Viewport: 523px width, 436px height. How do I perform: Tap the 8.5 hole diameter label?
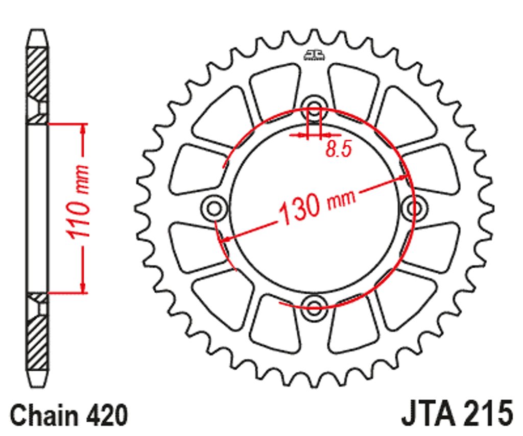pos(339,148)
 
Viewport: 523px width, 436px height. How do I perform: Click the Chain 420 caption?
pos(69,415)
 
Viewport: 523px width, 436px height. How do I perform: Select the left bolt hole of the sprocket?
pos(214,209)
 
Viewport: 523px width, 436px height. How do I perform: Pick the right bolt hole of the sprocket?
pos(414,209)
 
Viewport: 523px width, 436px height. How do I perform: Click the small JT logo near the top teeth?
pos(314,55)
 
